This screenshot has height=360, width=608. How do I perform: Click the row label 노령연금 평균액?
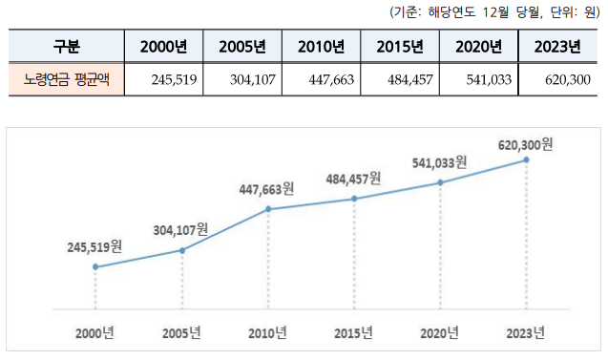pos(67,79)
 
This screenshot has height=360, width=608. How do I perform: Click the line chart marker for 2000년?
pos(95,266)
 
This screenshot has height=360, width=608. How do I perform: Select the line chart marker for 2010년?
pos(268,208)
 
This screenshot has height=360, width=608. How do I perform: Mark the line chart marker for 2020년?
pos(440,181)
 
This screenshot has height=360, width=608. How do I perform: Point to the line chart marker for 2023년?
pos(526,160)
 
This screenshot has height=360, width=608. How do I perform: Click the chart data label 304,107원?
pos(180,230)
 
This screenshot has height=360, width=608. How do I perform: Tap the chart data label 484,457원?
pos(353,179)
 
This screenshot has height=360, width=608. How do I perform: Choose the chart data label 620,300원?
pos(525,144)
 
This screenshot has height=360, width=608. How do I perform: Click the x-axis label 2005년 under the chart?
pos(181,333)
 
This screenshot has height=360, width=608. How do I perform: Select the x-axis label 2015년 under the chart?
pos(353,333)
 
